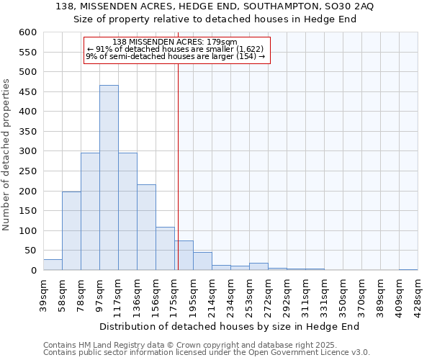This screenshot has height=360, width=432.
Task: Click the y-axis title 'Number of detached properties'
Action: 7,155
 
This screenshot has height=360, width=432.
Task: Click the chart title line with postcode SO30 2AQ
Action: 215,6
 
